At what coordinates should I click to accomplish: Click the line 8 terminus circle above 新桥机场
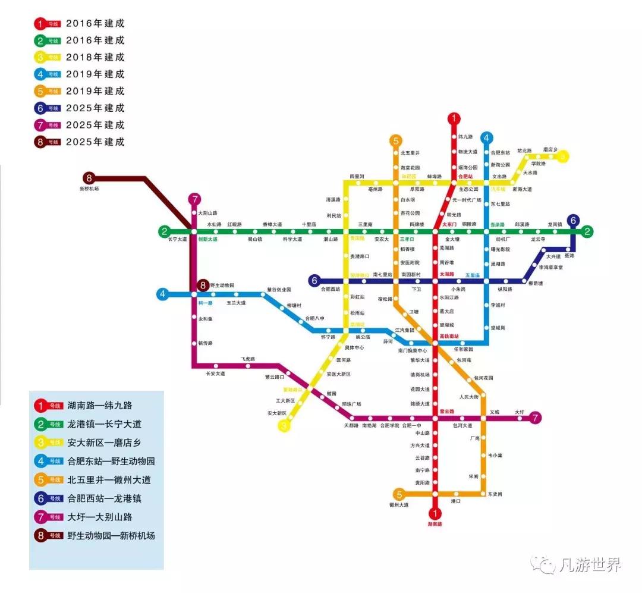pos(89,177)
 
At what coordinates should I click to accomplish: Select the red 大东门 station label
pos(449,224)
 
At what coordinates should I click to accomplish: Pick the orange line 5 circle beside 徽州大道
pos(399,494)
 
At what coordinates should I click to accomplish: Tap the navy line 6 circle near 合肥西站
pos(315,280)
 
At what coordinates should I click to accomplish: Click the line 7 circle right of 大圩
pos(536,418)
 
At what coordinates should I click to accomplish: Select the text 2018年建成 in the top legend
pos(95,58)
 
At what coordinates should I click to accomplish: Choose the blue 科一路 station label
pos(206,303)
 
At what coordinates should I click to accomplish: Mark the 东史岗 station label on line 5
pos(495,494)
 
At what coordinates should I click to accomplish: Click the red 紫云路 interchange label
pos(446,411)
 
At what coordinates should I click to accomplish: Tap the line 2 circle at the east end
pos(587,231)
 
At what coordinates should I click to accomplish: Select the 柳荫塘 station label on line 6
pos(536,284)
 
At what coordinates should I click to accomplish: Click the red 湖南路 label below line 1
pos(436,524)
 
